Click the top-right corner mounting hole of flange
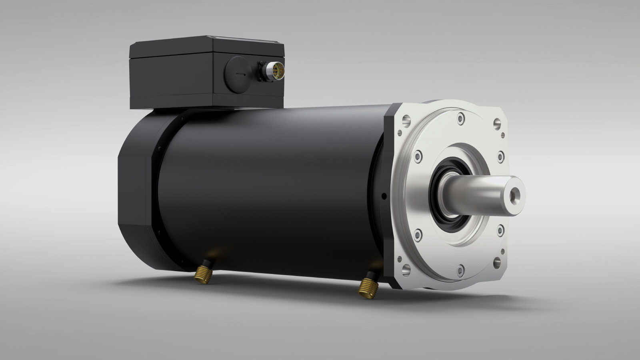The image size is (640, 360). pos(498,123)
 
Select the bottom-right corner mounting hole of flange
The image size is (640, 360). pos(497,262)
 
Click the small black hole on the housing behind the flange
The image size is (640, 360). pos(384,196)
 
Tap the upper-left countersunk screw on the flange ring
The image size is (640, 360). pos(418,155)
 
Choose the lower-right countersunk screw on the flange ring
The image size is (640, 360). pos(500,229)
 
